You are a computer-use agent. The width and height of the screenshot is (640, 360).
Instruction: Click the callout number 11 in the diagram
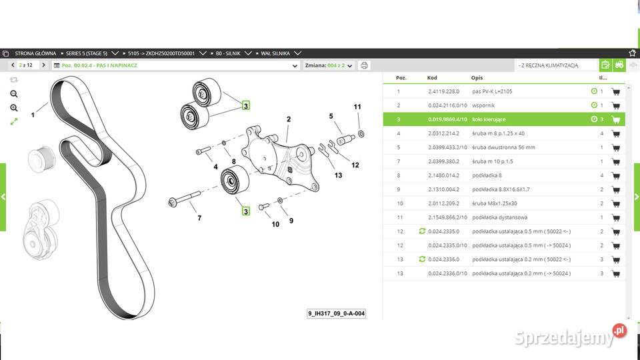(x=357, y=107)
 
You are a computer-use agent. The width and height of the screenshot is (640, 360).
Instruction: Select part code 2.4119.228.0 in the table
(x=442, y=91)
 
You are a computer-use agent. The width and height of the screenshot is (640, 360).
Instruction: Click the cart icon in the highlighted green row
(x=615, y=120)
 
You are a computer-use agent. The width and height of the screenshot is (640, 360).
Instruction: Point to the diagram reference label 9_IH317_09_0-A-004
(x=336, y=313)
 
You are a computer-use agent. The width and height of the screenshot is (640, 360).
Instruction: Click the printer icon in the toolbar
(x=364, y=65)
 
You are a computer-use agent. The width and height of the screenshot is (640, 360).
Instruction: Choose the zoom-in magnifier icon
(x=14, y=94)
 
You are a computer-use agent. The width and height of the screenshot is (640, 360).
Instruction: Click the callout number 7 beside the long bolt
(x=199, y=217)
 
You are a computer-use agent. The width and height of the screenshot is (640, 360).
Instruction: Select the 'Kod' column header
(x=433, y=77)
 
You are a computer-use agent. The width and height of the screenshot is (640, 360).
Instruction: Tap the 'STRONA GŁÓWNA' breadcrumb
(x=35, y=53)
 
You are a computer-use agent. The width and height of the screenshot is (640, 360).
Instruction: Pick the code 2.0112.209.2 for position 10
(x=443, y=203)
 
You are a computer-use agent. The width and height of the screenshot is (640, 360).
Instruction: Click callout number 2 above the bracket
(x=289, y=119)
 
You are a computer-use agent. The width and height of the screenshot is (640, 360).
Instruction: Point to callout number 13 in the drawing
(x=338, y=175)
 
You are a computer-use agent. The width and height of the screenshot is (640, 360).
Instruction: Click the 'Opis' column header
(x=477, y=77)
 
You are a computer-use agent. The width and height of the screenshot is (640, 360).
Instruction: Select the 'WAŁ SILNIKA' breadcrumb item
(x=275, y=53)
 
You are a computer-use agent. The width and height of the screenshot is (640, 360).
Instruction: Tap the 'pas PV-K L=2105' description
(x=492, y=91)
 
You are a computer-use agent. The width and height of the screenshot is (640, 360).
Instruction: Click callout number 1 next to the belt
(x=33, y=115)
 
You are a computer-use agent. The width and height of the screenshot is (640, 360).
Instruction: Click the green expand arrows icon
(x=14, y=121)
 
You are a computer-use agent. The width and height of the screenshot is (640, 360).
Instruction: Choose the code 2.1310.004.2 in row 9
(x=443, y=189)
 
